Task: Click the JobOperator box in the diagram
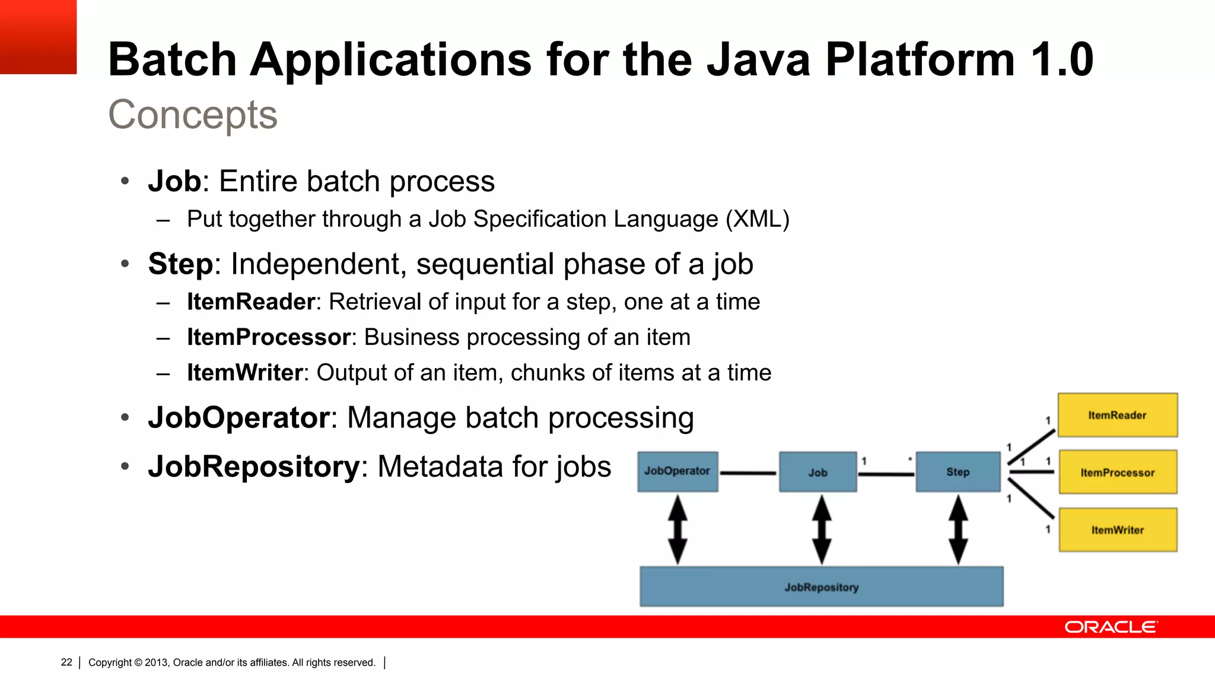678,471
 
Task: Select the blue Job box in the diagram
818,473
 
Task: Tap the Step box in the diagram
958,472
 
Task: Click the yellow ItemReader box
1117,415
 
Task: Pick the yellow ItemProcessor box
1118,473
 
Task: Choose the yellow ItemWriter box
1118,530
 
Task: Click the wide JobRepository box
821,587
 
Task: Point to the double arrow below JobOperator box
678,529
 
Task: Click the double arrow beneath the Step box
958,529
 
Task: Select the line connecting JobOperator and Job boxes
748,473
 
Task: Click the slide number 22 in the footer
66,662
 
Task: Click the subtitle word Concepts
193,114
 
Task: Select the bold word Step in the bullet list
180,264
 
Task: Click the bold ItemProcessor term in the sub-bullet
269,337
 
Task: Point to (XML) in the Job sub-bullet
758,219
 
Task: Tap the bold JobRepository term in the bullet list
254,466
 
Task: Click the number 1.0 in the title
1062,59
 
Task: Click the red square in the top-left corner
38,36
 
